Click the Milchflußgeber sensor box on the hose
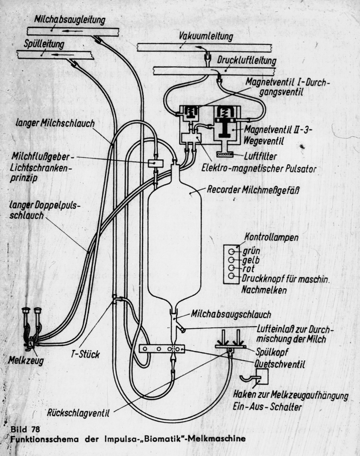coord(155,163)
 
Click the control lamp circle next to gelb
coord(230,259)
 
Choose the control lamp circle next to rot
coord(230,268)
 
